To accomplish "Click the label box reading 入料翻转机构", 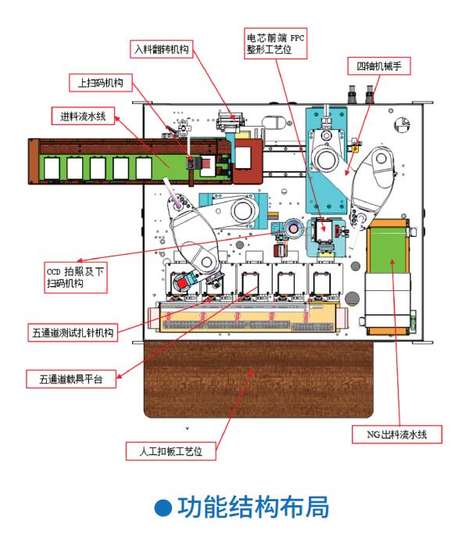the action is point(162,49).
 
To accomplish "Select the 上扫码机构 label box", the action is point(101,83).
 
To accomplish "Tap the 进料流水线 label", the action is point(83,116).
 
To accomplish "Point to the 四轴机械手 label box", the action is point(379,66).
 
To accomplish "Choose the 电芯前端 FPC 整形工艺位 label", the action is point(275,44).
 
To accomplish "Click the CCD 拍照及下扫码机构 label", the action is point(76,278).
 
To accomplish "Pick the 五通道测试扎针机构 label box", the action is point(73,332).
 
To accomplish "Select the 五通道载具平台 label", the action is point(71,378).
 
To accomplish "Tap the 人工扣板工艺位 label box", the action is point(170,451).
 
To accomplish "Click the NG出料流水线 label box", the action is point(397,434).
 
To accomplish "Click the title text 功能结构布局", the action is point(253,507).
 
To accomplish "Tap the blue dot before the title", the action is point(163,508).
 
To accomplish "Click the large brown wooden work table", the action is point(258,378).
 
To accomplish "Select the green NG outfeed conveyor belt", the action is point(388,249).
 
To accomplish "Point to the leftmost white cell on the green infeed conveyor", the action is point(52,168).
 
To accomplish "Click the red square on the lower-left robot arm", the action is point(182,283).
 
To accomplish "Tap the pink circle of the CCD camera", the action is point(294,228).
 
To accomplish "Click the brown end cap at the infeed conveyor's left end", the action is point(34,162).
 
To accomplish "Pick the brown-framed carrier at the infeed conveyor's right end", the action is point(247,160).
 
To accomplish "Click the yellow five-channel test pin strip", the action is point(248,317).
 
